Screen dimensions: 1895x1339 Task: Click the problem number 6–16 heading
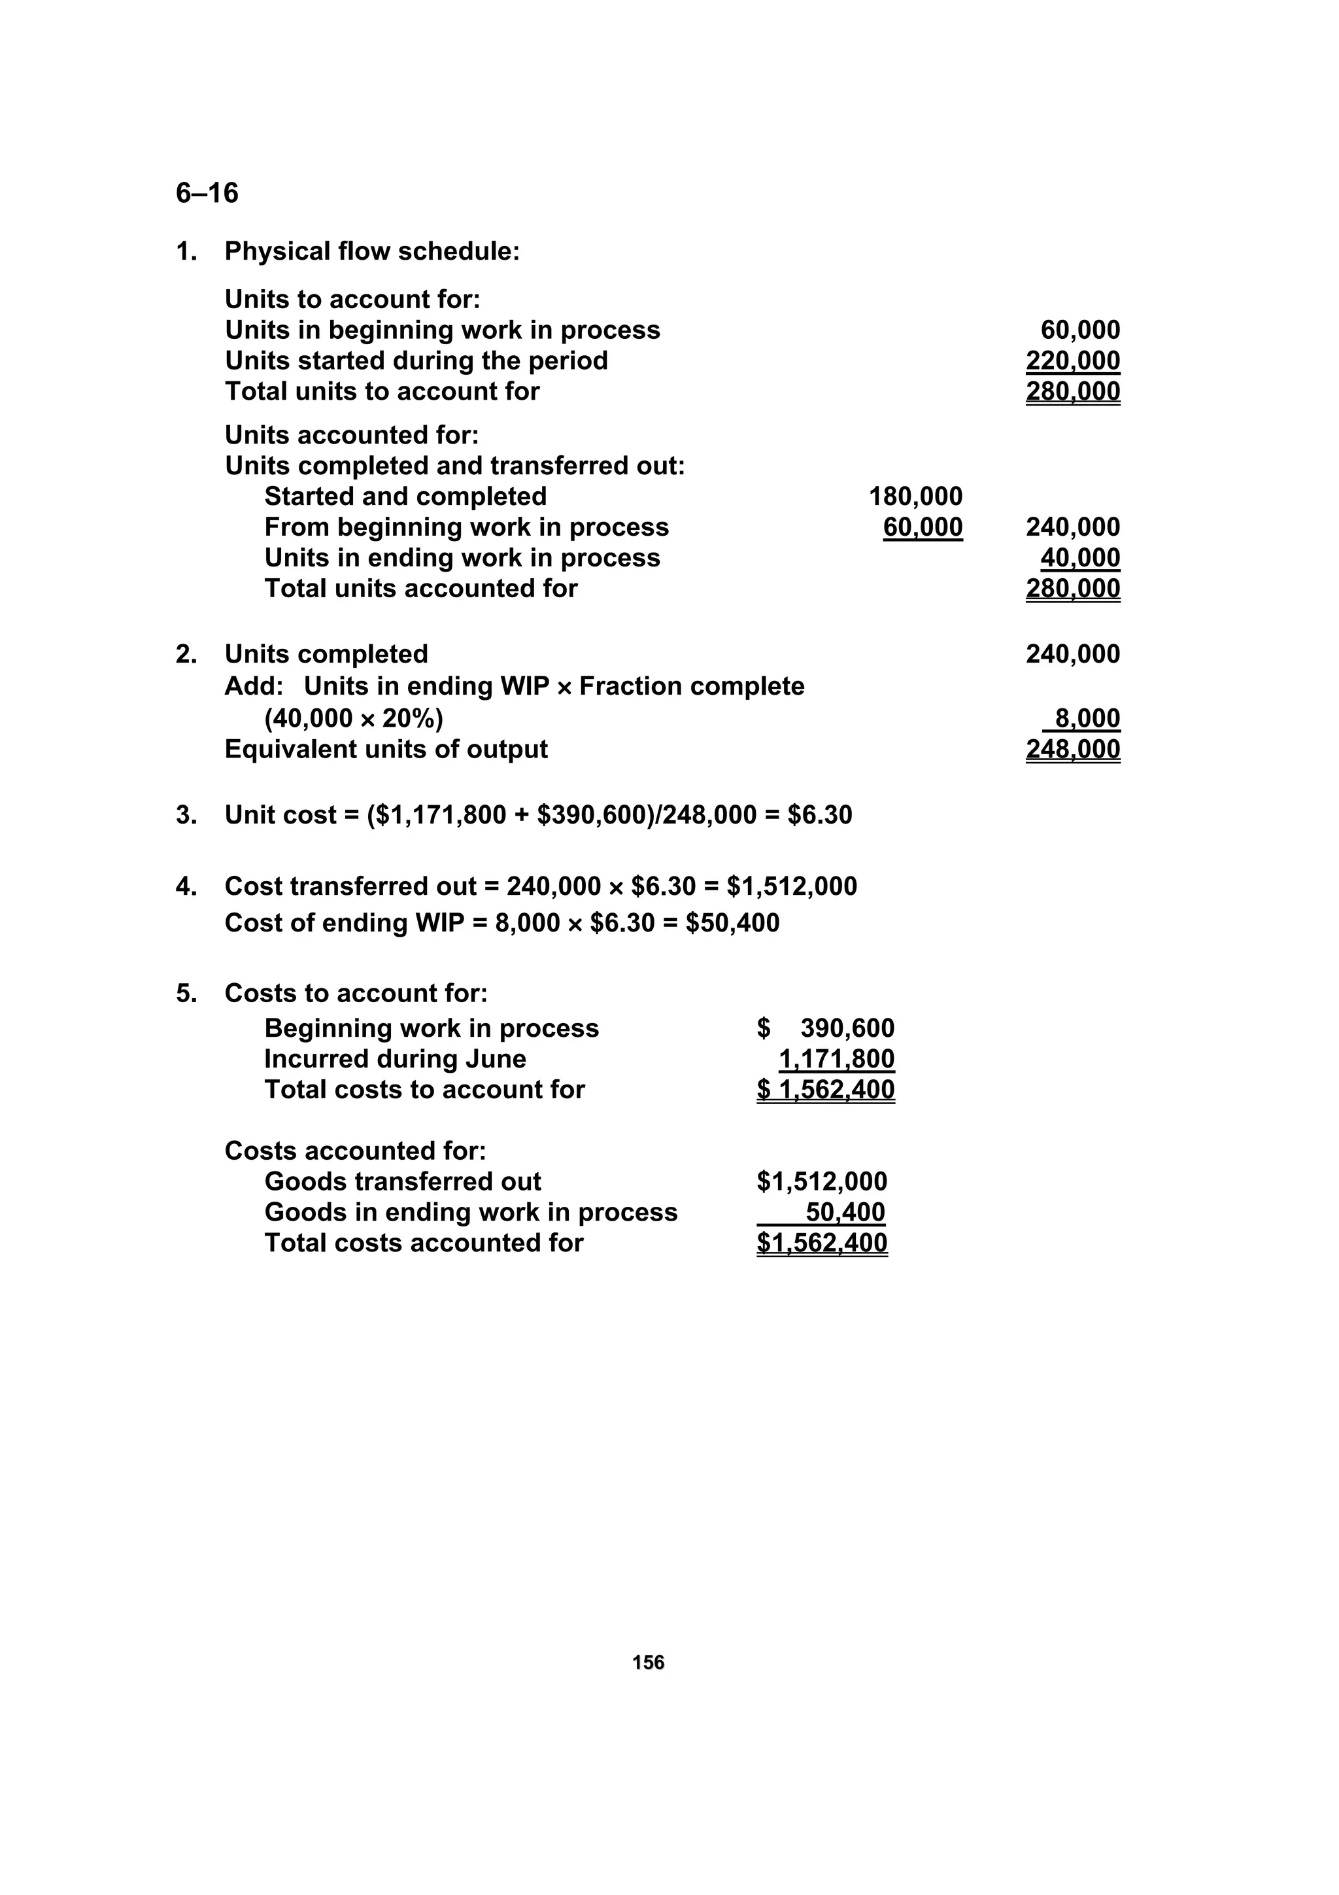[207, 193]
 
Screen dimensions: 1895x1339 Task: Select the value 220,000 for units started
[1072, 360]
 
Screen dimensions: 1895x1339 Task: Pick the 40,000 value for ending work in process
[1080, 558]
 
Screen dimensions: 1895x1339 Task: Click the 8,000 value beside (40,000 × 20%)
[1087, 718]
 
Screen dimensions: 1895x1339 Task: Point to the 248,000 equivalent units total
[1072, 750]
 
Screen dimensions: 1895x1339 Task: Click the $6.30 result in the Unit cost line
[819, 816]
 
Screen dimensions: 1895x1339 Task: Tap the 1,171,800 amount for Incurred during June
[837, 1059]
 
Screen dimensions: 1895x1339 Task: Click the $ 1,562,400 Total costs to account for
[825, 1090]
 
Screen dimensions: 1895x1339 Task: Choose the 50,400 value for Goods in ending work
[845, 1213]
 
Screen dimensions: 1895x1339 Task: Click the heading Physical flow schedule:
[372, 252]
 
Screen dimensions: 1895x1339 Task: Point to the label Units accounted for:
[352, 435]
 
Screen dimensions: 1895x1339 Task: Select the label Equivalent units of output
[386, 750]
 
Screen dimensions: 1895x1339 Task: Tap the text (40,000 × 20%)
[353, 719]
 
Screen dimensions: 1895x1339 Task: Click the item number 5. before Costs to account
[186, 993]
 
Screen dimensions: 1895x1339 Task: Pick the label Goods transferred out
[403, 1182]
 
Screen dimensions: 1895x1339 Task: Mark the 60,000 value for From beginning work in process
[923, 527]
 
